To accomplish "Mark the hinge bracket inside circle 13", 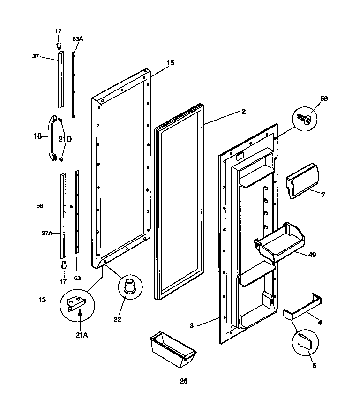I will click(x=76, y=305).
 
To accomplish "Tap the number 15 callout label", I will click(x=170, y=62).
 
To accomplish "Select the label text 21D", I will click(x=65, y=139).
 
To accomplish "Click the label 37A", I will click(x=46, y=233).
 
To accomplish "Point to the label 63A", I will click(x=78, y=38).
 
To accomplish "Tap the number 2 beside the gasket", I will click(x=243, y=112).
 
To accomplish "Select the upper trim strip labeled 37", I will click(x=60, y=80).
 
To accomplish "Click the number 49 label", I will click(x=312, y=255).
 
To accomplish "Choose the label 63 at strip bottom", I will click(x=77, y=278).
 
